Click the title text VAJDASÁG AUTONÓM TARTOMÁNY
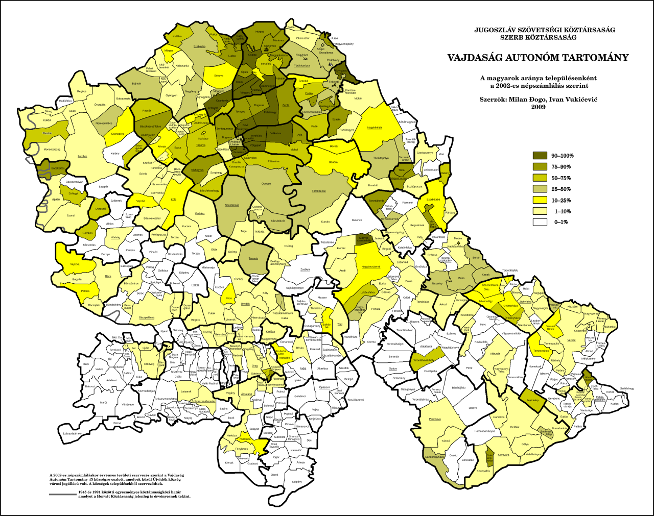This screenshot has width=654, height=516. click(x=538, y=58)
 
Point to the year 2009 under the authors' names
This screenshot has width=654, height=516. click(x=538, y=107)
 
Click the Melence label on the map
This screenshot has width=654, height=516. click(x=357, y=220)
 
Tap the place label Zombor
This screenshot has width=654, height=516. click(x=82, y=157)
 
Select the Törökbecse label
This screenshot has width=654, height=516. click(x=319, y=191)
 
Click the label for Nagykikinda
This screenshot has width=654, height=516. click(x=375, y=128)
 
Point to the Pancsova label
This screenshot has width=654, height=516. click(x=435, y=419)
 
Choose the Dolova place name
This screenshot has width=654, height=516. click(x=473, y=408)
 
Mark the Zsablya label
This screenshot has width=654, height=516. click(x=305, y=269)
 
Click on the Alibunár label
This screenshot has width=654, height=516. click(x=495, y=353)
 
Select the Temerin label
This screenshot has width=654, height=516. click(x=253, y=258)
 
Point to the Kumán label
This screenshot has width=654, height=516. click(x=325, y=222)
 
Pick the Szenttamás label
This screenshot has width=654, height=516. click(x=232, y=205)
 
